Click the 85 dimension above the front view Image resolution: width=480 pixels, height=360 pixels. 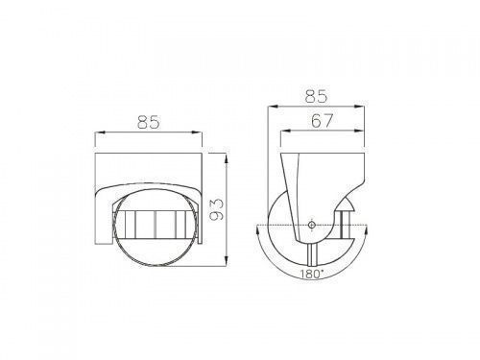(x=149, y=122)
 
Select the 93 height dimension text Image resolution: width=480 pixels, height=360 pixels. (x=216, y=209)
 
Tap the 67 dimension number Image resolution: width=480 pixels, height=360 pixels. (x=322, y=120)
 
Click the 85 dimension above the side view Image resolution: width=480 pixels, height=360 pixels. (x=316, y=96)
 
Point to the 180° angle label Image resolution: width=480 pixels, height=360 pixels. (x=312, y=274)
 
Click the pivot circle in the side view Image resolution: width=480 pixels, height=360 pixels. (x=311, y=225)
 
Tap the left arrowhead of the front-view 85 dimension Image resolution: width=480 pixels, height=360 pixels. (x=100, y=132)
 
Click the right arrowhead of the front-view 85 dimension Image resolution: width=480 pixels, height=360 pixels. (x=198, y=132)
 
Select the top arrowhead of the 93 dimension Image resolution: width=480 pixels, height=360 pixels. (x=227, y=158)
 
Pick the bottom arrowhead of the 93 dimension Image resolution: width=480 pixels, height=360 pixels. (x=227, y=260)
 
